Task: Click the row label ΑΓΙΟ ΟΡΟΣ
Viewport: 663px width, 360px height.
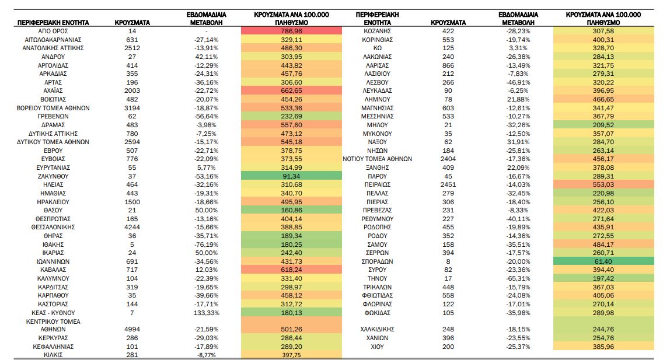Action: (x=53, y=30)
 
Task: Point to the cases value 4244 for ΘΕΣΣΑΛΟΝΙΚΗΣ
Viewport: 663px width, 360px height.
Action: (x=132, y=227)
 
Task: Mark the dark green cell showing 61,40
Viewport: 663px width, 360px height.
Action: (x=603, y=261)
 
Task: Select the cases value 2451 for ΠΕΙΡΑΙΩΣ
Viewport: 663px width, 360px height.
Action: (x=448, y=184)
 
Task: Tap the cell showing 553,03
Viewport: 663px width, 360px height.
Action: (x=603, y=184)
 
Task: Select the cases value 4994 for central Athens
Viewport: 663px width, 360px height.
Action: (x=132, y=329)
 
